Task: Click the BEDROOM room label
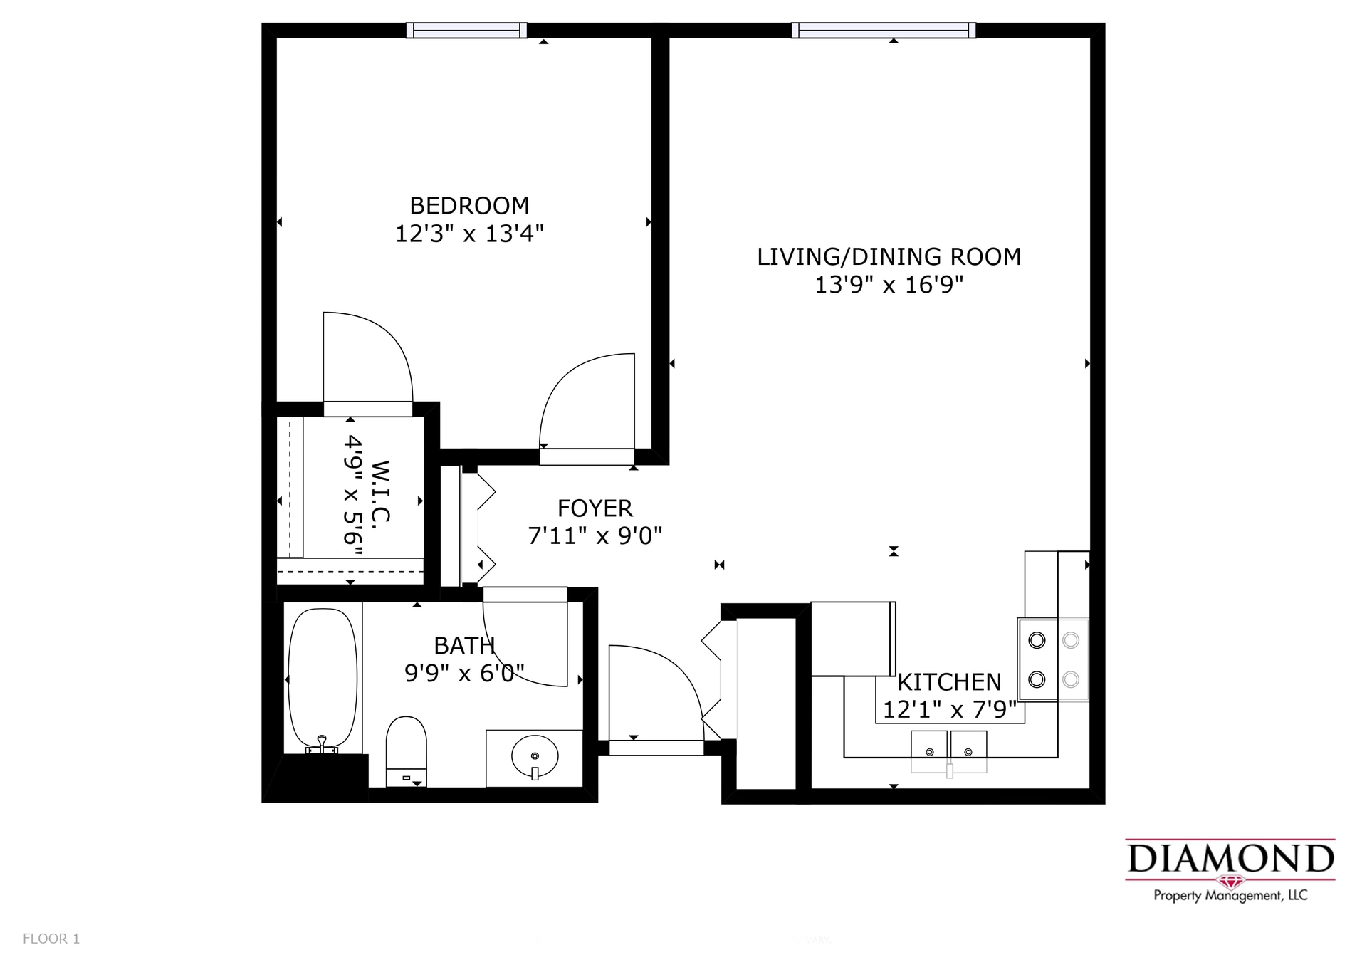tap(469, 206)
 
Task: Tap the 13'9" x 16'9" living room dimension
tap(889, 285)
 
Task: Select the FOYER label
tap(595, 508)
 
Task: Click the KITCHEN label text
tap(949, 682)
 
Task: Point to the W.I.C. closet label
tap(381, 491)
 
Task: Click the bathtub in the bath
tap(323, 676)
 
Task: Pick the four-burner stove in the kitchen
tap(1054, 659)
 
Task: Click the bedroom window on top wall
tap(466, 30)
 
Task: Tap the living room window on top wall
tap(883, 30)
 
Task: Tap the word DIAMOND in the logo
tap(1230, 859)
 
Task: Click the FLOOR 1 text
tap(51, 939)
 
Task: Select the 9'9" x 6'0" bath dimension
tap(464, 673)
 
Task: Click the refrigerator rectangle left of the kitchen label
tap(852, 639)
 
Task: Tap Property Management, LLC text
tap(1230, 896)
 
